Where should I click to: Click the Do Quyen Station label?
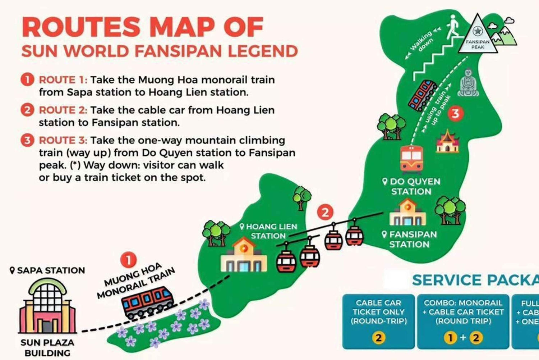click(411, 186)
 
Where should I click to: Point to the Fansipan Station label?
click(410, 239)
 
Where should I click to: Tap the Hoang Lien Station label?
click(269, 231)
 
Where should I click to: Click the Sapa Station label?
click(47, 270)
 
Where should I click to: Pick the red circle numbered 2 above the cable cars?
click(325, 212)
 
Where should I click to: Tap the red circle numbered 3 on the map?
click(455, 114)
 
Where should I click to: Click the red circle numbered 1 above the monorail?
click(128, 260)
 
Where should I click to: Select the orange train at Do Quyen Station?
click(411, 159)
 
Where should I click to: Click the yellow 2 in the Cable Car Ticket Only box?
click(378, 337)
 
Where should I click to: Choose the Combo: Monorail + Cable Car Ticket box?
click(463, 321)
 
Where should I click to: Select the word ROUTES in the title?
click(81, 27)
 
